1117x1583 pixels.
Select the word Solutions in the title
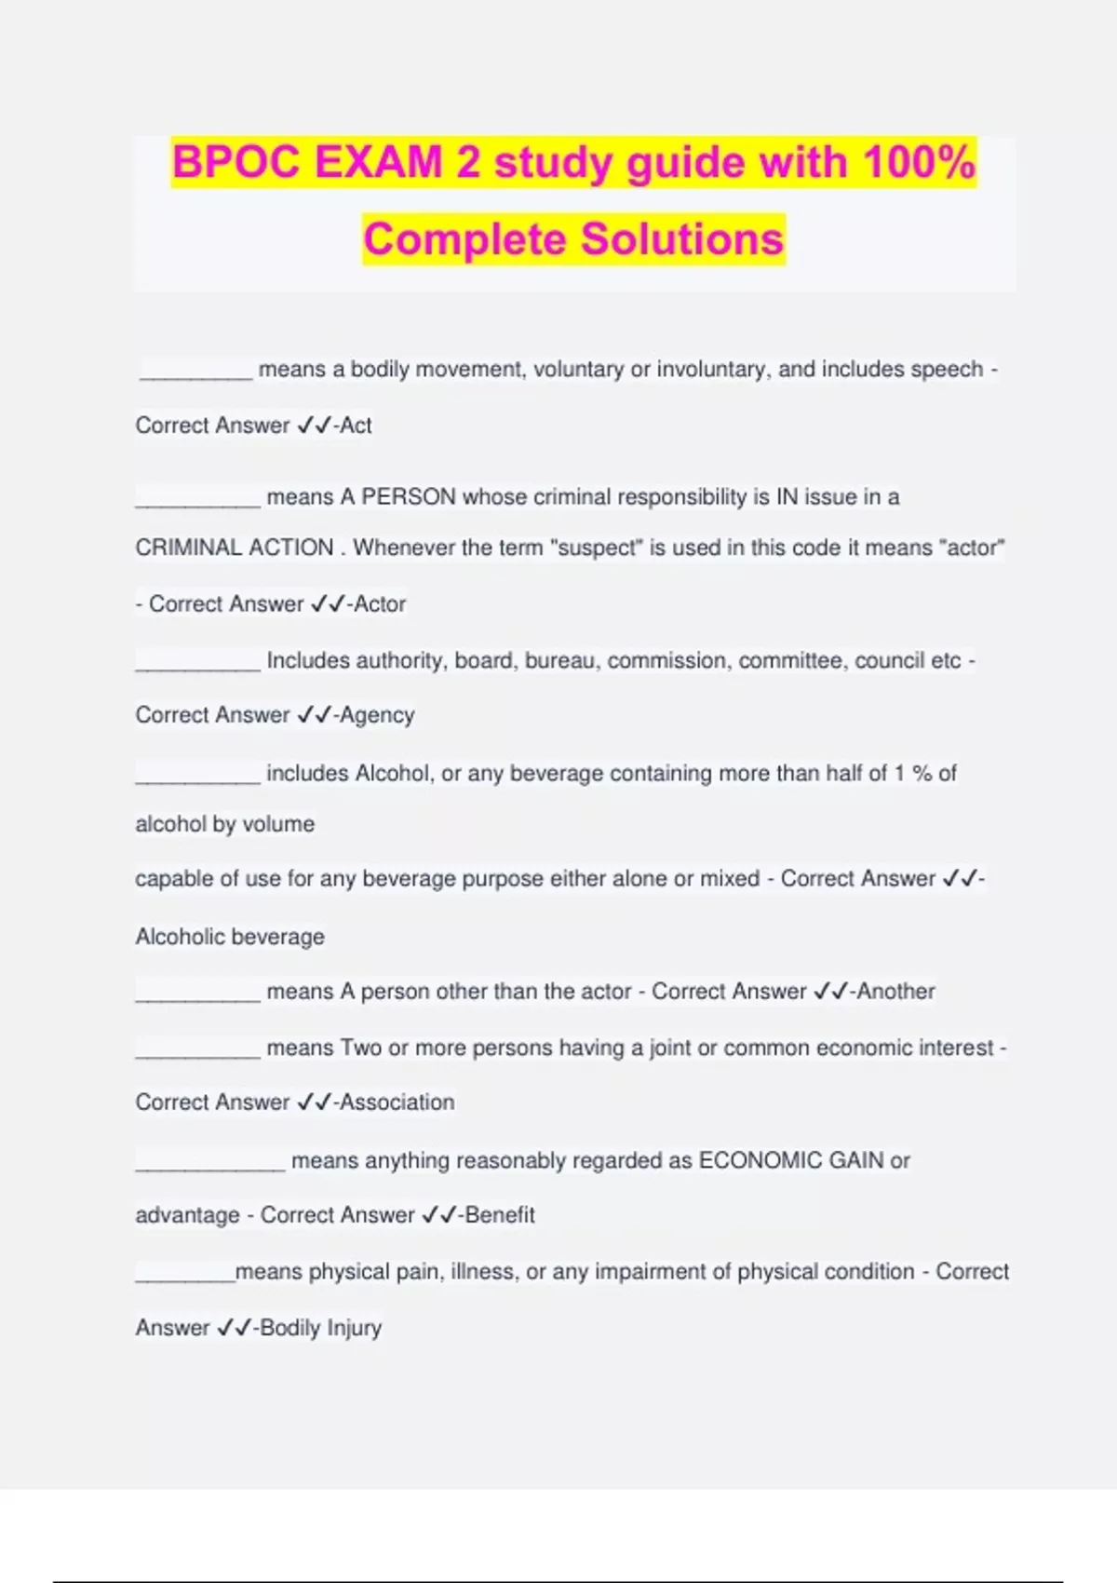(x=682, y=238)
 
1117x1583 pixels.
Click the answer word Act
(x=356, y=426)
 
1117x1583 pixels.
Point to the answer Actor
(x=380, y=604)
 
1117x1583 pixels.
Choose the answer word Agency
(x=377, y=715)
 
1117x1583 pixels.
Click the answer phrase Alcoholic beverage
(x=230, y=937)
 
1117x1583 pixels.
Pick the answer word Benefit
(x=500, y=1215)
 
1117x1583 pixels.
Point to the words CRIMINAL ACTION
(x=235, y=548)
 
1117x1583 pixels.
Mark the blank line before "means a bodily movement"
(x=196, y=376)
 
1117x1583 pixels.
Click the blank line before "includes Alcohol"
(x=197, y=780)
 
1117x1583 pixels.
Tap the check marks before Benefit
(x=437, y=1215)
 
